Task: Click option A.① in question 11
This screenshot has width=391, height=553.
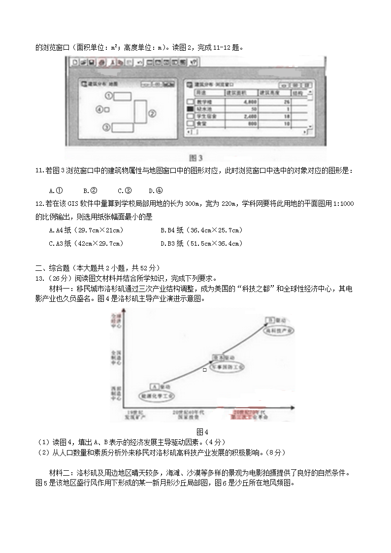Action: click(x=56, y=191)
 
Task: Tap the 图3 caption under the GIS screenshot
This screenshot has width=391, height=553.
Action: click(x=196, y=158)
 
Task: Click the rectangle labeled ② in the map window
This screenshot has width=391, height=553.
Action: click(x=140, y=112)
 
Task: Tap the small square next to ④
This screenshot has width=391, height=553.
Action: click(x=107, y=109)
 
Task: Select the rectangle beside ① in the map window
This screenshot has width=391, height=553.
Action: click(x=122, y=96)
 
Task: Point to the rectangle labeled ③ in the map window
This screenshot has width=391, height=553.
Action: click(x=121, y=128)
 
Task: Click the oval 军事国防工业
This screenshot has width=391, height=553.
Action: click(x=228, y=367)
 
